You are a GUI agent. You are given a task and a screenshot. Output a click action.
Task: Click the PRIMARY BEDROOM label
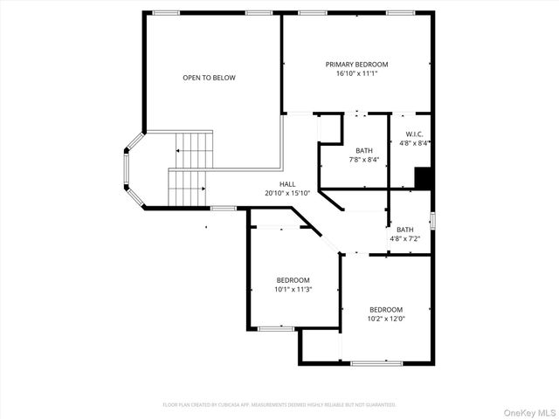pyautogui.click(x=356, y=65)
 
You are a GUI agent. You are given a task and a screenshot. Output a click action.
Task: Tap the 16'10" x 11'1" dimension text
pyautogui.click(x=356, y=73)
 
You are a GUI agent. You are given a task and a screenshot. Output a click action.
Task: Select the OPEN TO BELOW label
pyautogui.click(x=209, y=78)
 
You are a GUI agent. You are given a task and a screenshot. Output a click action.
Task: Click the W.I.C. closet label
pyautogui.click(x=414, y=134)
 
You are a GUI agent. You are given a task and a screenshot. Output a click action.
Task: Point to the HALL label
pyautogui.click(x=286, y=184)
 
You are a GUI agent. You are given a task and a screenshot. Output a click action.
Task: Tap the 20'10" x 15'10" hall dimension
pyautogui.click(x=286, y=193)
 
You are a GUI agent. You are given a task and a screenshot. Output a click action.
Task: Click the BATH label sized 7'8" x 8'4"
pyautogui.click(x=363, y=150)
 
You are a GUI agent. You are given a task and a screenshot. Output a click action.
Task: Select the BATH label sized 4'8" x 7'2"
pyautogui.click(x=404, y=230)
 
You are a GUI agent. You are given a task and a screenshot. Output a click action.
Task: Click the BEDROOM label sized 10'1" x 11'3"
pyautogui.click(x=293, y=280)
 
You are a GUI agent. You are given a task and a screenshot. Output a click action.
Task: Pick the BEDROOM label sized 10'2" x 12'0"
pyautogui.click(x=385, y=310)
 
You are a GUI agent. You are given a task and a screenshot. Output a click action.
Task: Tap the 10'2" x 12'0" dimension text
pyautogui.click(x=385, y=319)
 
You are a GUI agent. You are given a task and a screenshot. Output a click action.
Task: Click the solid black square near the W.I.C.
pyautogui.click(x=423, y=178)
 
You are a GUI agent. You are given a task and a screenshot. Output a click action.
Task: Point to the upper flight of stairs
pyautogui.click(x=195, y=149)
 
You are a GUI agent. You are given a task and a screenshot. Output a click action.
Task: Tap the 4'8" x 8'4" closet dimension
pyautogui.click(x=414, y=142)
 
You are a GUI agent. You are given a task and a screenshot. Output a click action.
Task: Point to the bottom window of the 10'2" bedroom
pyautogui.click(x=376, y=363)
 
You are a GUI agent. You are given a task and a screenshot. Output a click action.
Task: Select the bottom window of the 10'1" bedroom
pyautogui.click(x=275, y=328)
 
